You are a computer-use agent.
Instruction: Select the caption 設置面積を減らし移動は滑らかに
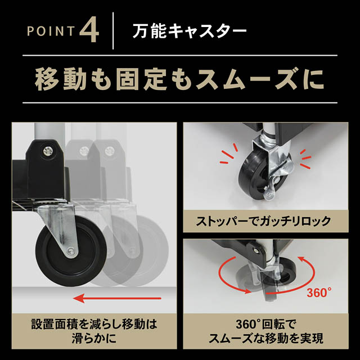point(92,332)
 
